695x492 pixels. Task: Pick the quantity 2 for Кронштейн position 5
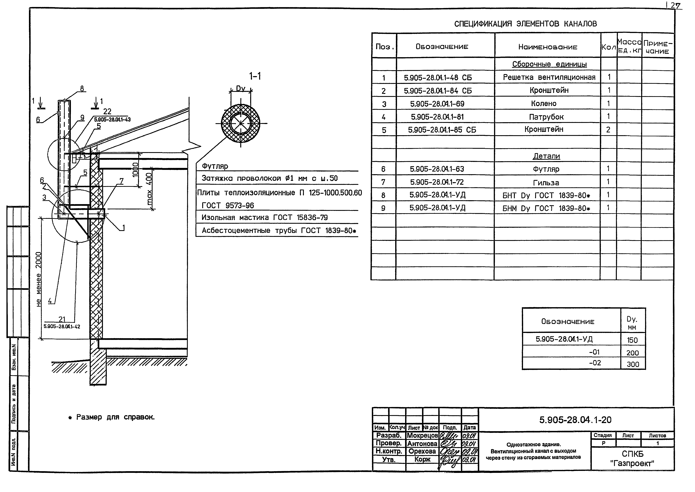608,130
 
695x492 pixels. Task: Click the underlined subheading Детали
546,156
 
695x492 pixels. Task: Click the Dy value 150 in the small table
632,340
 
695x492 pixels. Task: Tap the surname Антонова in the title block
422,443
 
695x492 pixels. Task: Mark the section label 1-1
255,76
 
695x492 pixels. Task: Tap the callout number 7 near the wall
122,181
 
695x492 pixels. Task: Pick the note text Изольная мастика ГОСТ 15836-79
264,218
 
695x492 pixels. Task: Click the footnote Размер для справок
115,417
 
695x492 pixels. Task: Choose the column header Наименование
548,47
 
